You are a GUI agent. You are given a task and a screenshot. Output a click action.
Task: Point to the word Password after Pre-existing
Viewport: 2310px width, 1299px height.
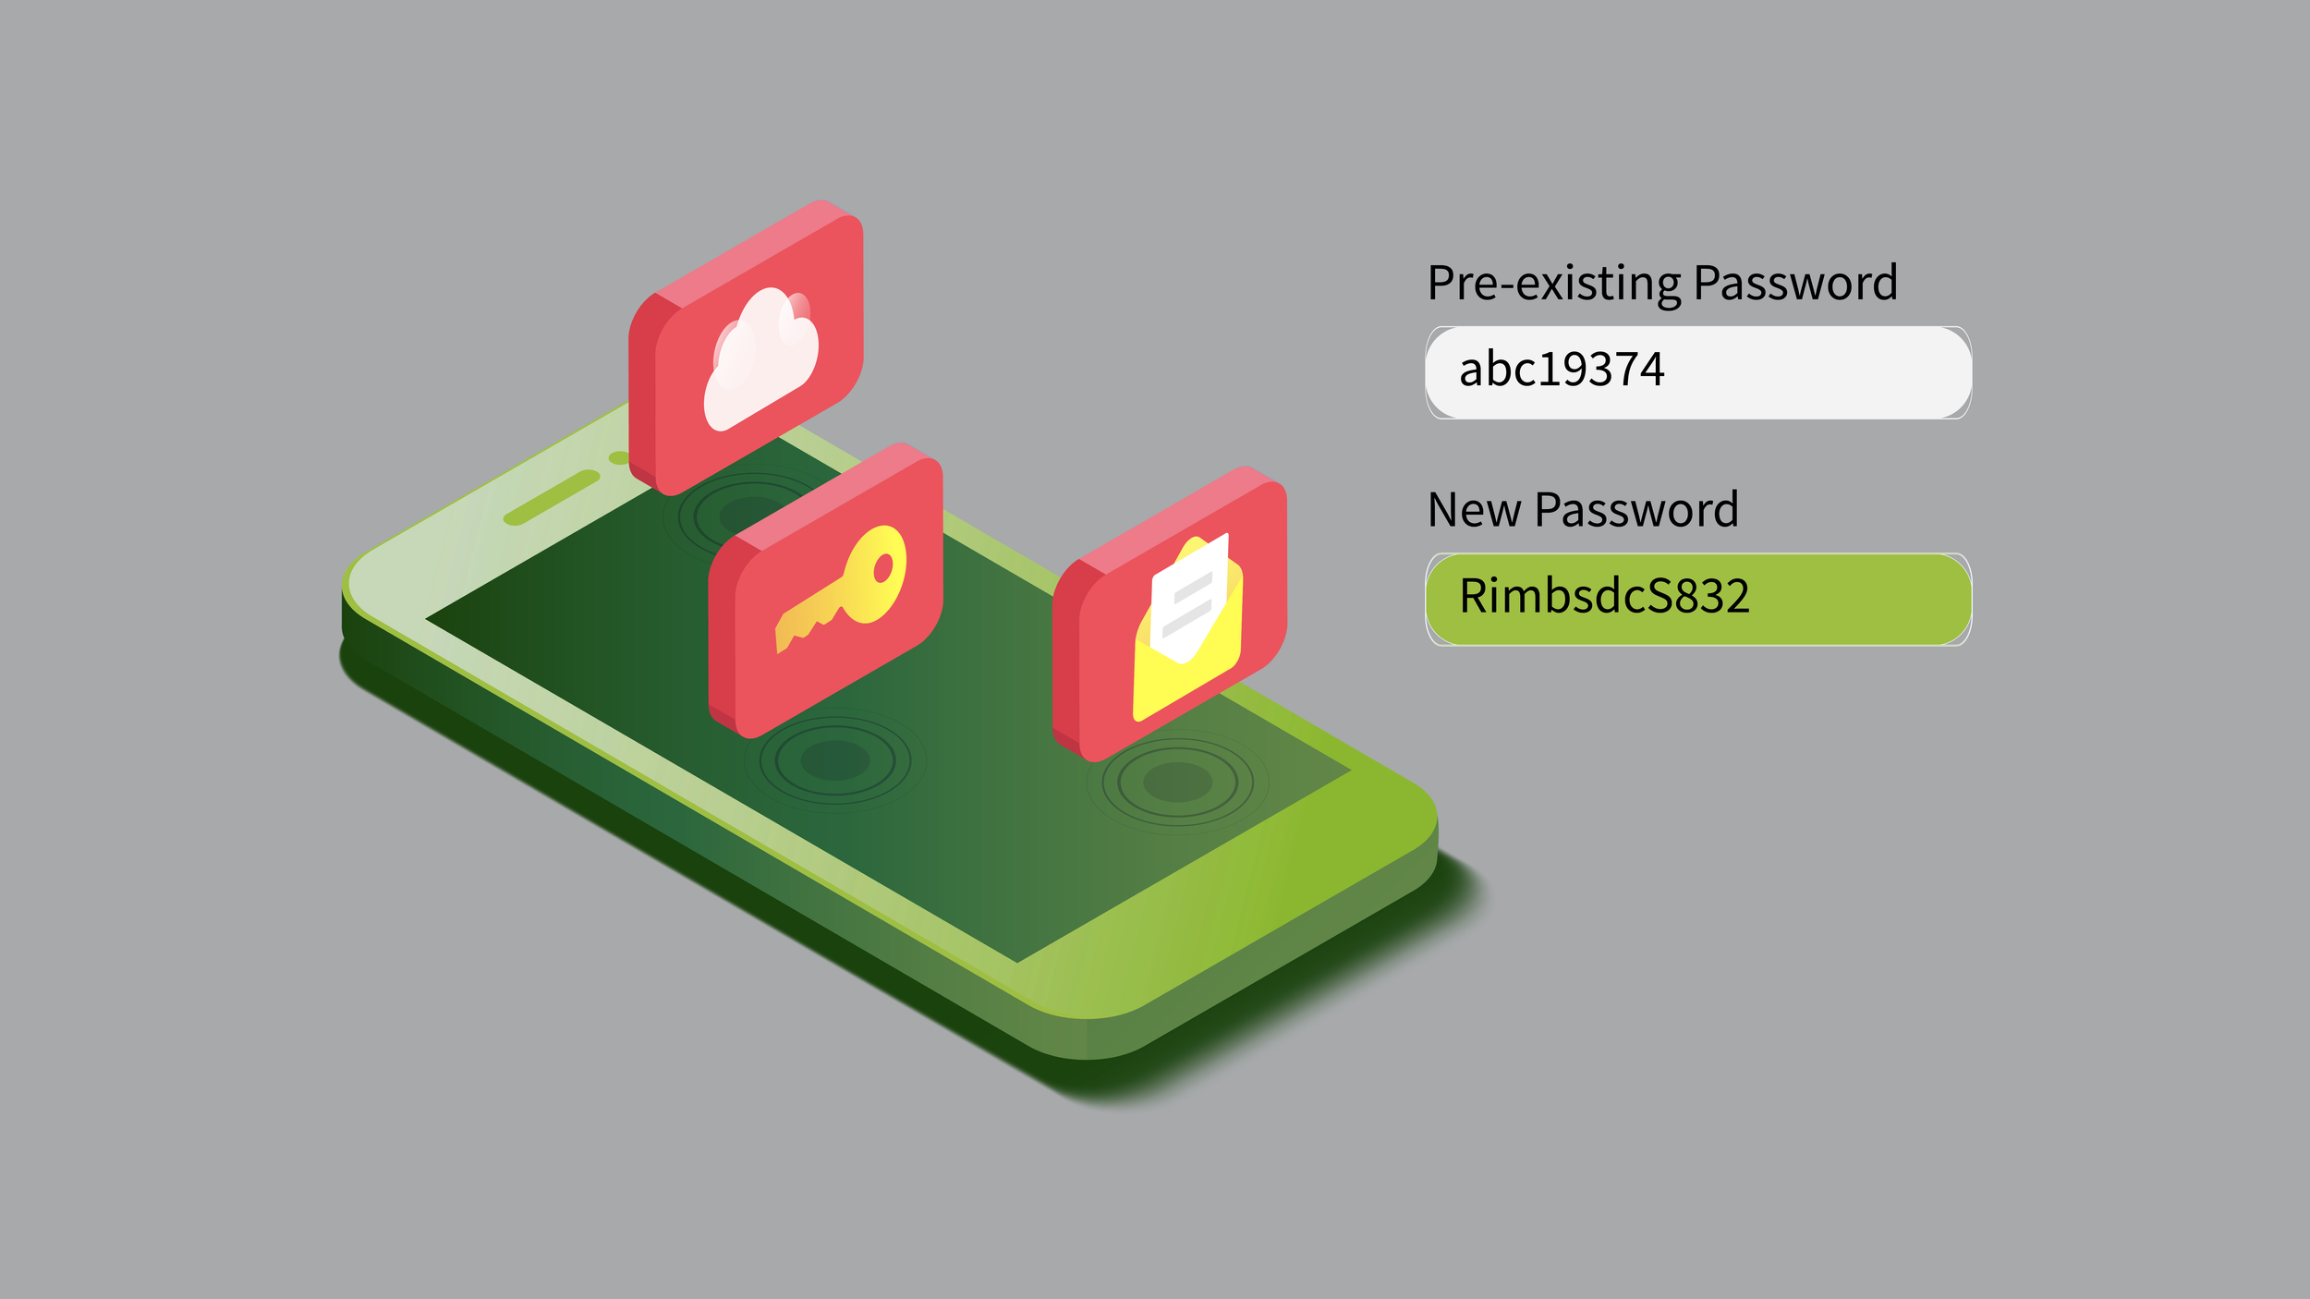point(1795,284)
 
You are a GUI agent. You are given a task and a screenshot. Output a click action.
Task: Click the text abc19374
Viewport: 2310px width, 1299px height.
point(1562,370)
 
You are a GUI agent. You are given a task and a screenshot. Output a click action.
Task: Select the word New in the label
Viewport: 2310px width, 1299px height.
point(1474,510)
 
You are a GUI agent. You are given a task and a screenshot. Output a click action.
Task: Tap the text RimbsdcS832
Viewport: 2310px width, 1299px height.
point(1604,597)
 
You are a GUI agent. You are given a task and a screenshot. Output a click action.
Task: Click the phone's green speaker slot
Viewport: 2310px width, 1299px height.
point(552,497)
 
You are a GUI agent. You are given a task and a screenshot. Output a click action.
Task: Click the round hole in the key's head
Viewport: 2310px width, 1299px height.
point(883,567)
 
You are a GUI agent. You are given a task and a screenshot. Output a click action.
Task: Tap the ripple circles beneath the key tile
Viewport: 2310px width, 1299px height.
point(835,760)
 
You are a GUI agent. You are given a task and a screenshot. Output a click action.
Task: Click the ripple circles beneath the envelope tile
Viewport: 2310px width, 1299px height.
point(1177,782)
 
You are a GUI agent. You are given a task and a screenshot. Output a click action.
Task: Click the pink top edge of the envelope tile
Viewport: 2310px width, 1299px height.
point(1169,516)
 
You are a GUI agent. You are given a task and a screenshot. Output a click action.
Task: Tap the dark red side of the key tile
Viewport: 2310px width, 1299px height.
point(722,647)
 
